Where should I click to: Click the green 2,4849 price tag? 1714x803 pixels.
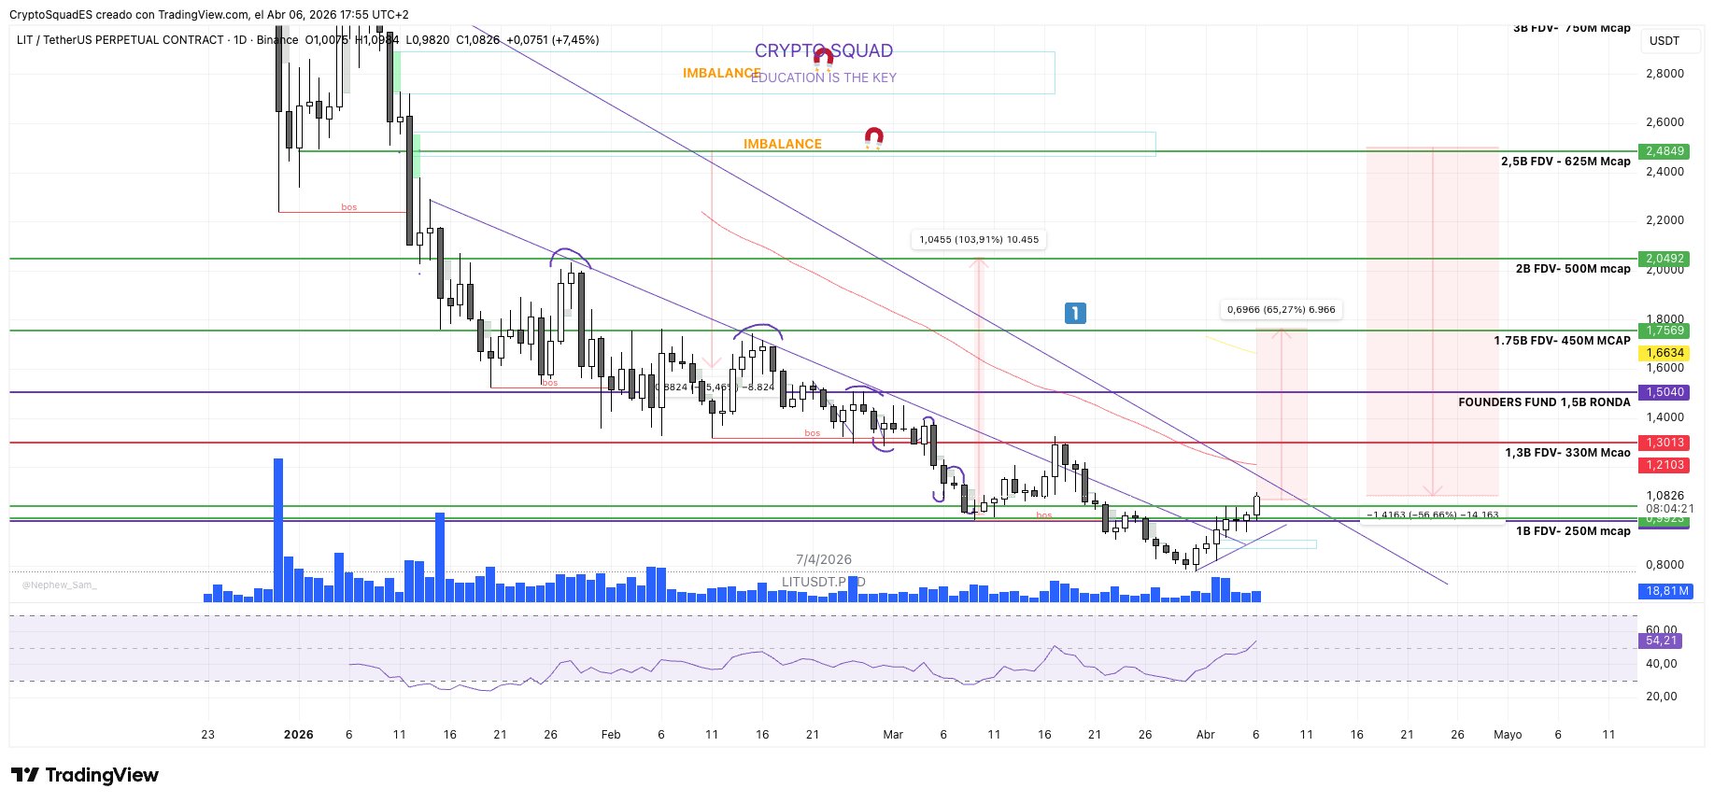[1664, 151]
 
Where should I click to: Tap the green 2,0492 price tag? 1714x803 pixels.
[1664, 259]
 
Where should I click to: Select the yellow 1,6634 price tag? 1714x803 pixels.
[1664, 353]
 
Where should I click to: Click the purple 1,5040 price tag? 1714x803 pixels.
[1664, 392]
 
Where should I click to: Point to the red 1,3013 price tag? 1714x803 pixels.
[1664, 443]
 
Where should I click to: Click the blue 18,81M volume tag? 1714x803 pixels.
[1665, 591]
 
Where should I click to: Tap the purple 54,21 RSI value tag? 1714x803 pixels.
[1662, 641]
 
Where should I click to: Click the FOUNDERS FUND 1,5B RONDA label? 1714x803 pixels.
[1544, 402]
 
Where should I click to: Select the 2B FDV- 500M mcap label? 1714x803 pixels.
[1573, 269]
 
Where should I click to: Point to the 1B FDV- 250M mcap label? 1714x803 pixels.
[1573, 531]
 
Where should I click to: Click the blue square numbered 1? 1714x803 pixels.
[1075, 314]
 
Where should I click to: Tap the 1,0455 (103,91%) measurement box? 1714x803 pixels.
[978, 240]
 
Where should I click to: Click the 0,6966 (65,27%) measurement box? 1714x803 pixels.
[1281, 310]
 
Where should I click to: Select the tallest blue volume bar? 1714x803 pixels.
[277, 529]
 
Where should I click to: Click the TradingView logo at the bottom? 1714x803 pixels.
[85, 775]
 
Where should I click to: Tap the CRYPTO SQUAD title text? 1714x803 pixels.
[823, 51]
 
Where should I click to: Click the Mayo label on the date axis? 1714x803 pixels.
[1508, 735]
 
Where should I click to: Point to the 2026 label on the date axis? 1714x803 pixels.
[298, 735]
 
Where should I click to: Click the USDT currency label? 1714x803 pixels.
[1664, 41]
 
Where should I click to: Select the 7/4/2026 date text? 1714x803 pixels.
[823, 560]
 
